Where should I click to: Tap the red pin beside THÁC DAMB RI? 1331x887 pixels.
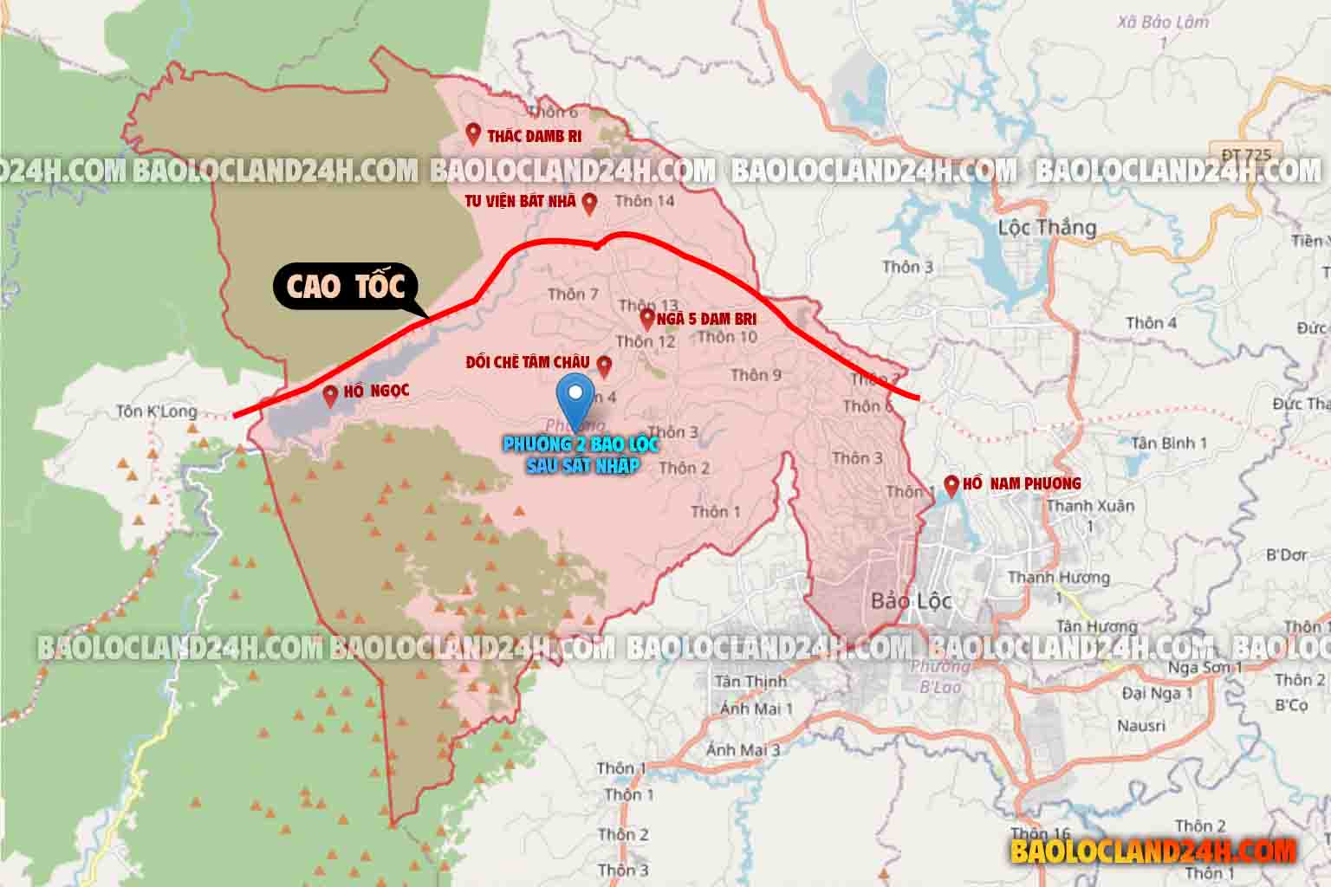[473, 133]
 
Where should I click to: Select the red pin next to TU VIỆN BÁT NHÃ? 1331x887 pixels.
[589, 203]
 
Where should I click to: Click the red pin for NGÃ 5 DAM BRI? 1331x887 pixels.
[646, 318]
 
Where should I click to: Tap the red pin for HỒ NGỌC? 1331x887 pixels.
[330, 396]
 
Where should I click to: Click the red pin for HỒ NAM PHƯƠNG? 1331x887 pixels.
[951, 485]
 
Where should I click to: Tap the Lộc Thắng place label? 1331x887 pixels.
[1047, 229]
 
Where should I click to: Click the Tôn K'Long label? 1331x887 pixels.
[157, 411]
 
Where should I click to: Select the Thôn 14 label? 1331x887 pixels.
[644, 201]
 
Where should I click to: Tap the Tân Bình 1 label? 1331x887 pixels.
[1169, 443]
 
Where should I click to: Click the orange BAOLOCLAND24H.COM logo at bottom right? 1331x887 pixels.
[1152, 851]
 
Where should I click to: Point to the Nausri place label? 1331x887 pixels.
[1141, 725]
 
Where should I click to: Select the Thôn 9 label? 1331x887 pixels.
[756, 374]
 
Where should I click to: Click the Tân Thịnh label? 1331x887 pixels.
[750, 682]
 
